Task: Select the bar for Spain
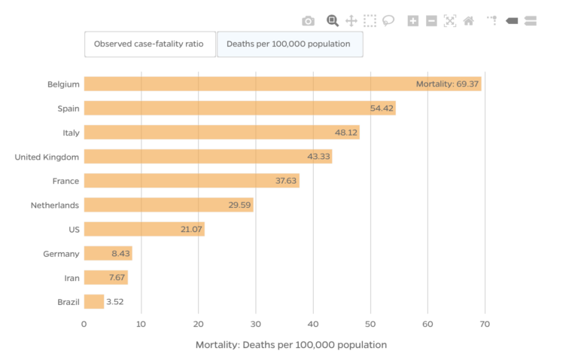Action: (x=239, y=108)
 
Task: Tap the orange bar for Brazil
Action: (x=93, y=301)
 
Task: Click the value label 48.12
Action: (x=346, y=133)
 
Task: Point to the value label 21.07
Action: (x=192, y=229)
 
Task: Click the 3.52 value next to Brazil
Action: (x=115, y=301)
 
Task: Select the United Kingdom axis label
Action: (x=47, y=157)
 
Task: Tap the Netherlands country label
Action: (x=55, y=205)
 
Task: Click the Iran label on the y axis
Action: (x=71, y=277)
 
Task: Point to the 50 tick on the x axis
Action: (x=370, y=324)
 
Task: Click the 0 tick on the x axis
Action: (x=84, y=324)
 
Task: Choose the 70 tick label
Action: (x=485, y=324)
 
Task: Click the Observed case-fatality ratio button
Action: (x=149, y=44)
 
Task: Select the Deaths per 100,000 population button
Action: (x=289, y=44)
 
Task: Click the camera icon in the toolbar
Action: (x=308, y=21)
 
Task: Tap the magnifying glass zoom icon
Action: (x=333, y=21)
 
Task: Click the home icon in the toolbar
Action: (x=468, y=21)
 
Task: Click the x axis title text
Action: (x=291, y=344)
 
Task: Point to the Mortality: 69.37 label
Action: (x=447, y=84)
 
